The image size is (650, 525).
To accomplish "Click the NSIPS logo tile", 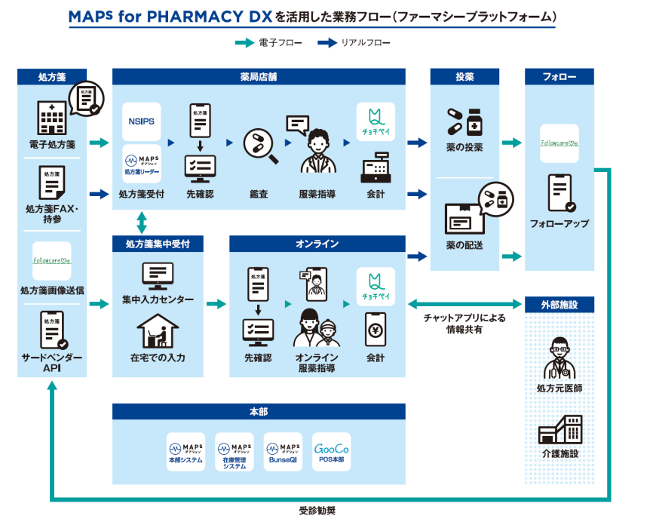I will point(141,121).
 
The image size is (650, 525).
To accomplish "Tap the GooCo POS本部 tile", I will point(331,451).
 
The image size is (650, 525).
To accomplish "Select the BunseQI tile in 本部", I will point(282,451).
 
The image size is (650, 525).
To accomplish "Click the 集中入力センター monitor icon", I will point(158,276).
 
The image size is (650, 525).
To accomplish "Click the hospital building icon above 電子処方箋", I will point(52,118).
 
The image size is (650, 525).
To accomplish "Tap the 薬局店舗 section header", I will point(259,77).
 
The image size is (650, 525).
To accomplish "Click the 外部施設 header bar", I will point(559,305).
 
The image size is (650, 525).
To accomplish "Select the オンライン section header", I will point(317,244).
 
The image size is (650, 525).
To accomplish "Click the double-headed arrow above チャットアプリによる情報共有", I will point(465,304).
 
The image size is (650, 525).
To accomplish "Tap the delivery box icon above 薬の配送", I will point(461,219).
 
